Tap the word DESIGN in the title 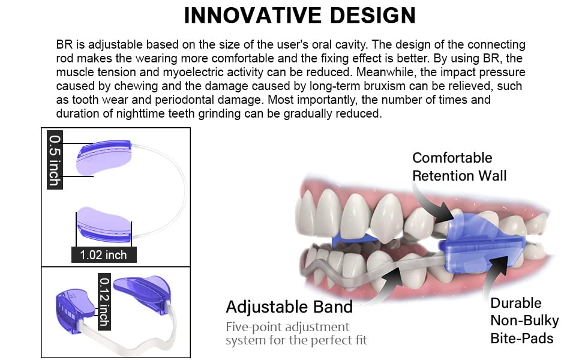click(x=373, y=15)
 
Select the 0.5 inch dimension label click(x=55, y=160)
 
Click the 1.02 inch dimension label click(x=104, y=255)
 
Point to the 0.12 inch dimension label click(x=104, y=301)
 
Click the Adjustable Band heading click(x=289, y=307)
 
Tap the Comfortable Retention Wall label click(x=459, y=167)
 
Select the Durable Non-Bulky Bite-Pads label click(x=524, y=320)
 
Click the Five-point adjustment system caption click(x=296, y=333)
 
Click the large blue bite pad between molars click(x=481, y=245)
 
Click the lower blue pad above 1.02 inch click(x=104, y=224)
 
